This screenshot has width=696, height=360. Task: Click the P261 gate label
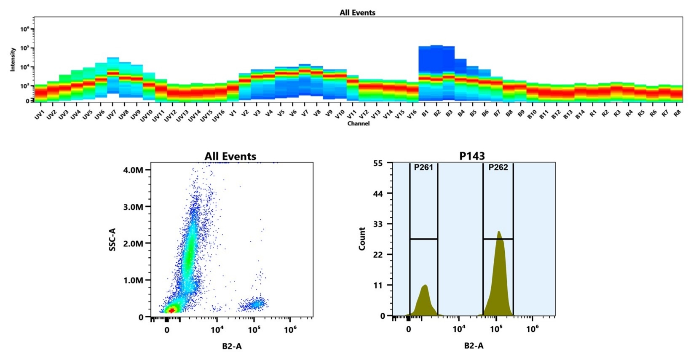423,168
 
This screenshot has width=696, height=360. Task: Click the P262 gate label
498,168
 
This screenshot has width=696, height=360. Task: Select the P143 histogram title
472,156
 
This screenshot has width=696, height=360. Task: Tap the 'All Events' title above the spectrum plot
357,13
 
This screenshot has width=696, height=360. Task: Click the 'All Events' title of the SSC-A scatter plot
230,157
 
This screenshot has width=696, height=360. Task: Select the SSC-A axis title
112,240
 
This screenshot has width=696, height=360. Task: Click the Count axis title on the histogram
362,239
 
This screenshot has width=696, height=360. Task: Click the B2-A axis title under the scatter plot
232,346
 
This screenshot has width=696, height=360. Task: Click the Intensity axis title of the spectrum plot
13,59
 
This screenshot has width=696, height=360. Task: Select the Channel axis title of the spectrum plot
359,124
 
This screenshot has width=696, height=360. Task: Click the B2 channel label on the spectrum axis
437,114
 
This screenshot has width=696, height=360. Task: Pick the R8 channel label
677,113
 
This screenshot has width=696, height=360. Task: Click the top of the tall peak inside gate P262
498,231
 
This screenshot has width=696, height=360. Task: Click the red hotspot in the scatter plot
171,310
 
